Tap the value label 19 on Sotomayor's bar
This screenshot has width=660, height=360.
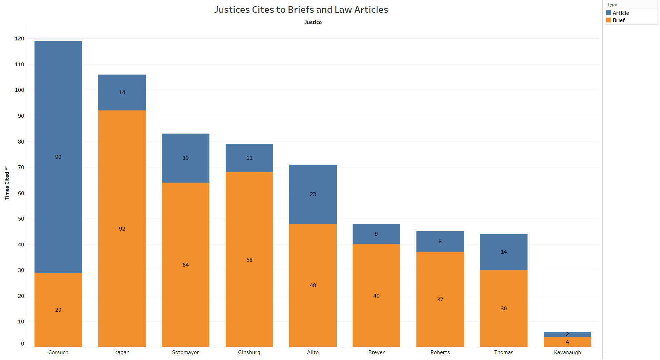click(186, 158)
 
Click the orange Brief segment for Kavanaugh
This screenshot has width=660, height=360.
click(568, 342)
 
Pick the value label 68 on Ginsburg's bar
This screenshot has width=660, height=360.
click(249, 260)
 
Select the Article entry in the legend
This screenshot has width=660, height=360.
click(621, 13)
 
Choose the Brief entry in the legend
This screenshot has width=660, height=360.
click(619, 20)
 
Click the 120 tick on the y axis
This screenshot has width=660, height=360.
click(20, 39)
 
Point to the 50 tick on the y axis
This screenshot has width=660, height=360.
click(21, 219)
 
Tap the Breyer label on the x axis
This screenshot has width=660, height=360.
click(376, 352)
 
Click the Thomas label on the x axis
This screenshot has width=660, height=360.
click(504, 352)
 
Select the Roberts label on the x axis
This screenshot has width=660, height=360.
click(440, 352)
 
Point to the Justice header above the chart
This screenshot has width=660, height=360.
click(313, 22)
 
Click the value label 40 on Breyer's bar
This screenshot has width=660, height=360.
click(376, 296)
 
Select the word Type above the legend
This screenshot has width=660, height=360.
click(612, 4)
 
